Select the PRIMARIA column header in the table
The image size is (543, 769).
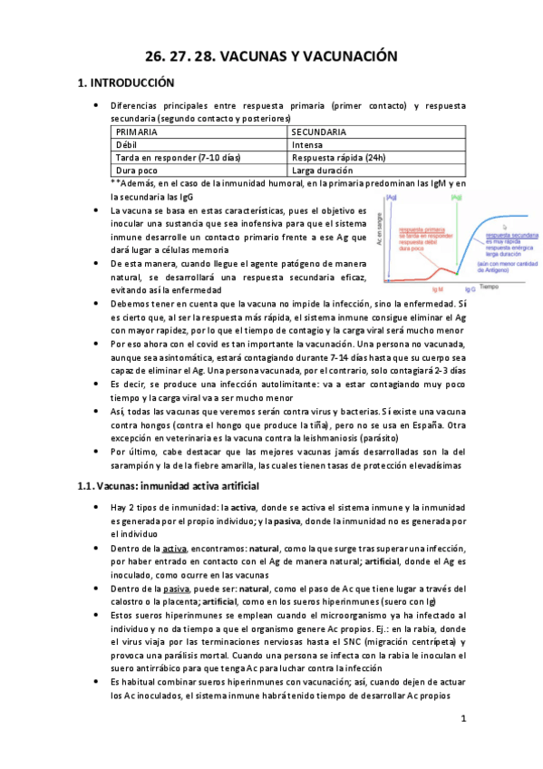137,132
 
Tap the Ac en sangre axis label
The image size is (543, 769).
378,234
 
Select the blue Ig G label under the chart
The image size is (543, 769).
470,289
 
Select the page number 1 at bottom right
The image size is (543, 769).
462,719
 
